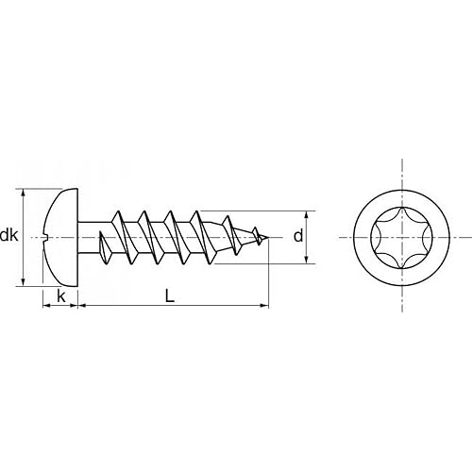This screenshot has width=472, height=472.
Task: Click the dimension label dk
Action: point(8,236)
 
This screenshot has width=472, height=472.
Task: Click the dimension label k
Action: point(61,296)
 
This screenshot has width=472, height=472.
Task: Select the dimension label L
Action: point(170,296)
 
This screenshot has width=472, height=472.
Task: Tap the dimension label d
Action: point(298,236)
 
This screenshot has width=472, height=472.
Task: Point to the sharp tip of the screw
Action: point(268,237)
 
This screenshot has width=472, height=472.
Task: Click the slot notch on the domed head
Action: point(44,237)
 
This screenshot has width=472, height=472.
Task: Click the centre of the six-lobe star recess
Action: point(402,238)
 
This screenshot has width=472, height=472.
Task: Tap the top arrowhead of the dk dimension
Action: point(23,193)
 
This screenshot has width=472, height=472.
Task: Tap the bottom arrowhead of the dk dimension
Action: point(23,282)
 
